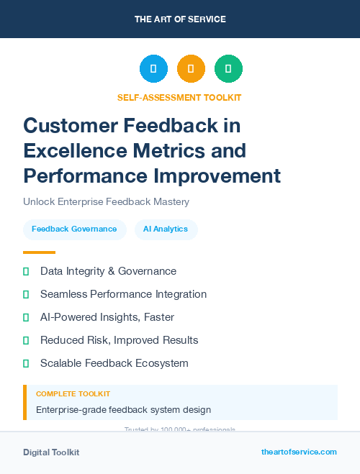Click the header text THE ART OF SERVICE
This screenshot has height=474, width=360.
(180, 19)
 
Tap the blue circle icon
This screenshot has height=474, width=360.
(153, 69)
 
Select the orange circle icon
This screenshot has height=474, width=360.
(191, 69)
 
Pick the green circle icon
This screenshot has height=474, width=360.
(228, 69)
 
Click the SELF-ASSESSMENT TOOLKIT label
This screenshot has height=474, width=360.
(180, 97)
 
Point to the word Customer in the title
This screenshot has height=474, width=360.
(68, 126)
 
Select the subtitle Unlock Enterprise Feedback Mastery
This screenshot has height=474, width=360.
(106, 202)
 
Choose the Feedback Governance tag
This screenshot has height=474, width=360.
(74, 229)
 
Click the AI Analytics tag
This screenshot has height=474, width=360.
(166, 229)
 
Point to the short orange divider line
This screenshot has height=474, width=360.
(39, 252)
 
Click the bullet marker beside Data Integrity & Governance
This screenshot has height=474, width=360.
(26, 271)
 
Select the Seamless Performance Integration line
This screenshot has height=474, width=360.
(123, 294)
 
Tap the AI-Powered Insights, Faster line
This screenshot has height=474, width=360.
(107, 317)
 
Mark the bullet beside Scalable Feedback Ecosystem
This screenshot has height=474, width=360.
(26, 363)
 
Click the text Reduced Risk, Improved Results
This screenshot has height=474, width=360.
(119, 340)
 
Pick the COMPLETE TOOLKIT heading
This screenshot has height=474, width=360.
(73, 394)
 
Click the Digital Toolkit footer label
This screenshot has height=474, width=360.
(51, 452)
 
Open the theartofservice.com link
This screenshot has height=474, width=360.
(299, 452)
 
